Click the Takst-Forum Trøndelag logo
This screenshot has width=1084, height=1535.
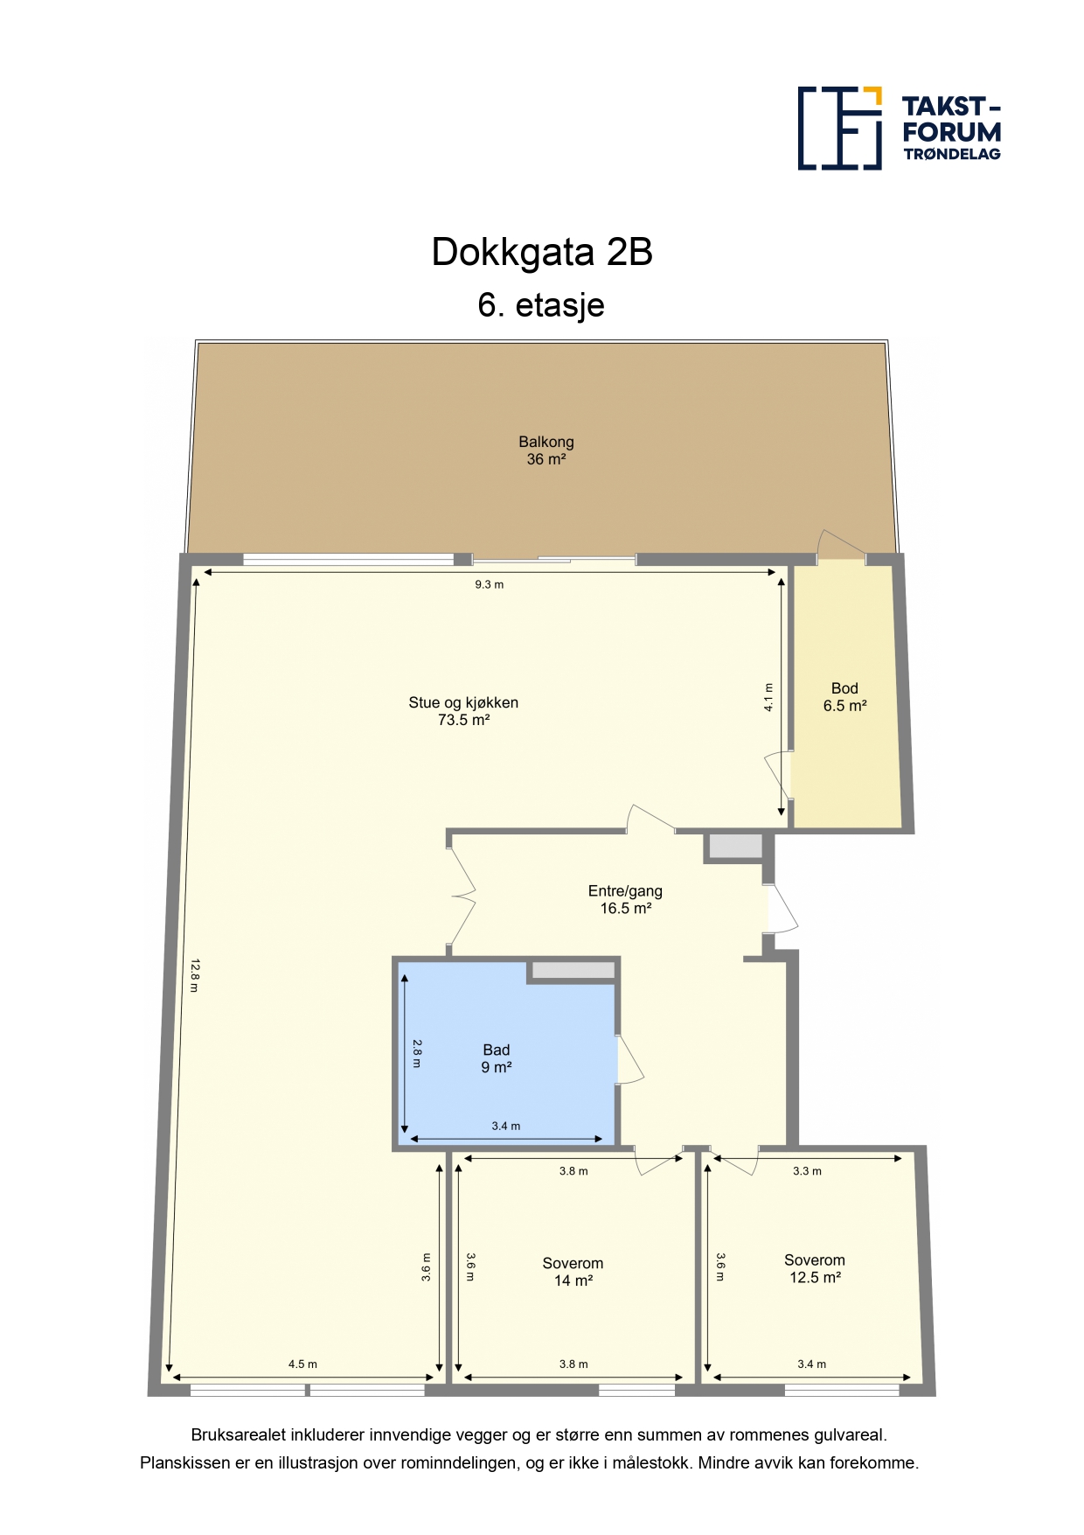[899, 128]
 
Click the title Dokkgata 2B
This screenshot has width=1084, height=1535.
[542, 252]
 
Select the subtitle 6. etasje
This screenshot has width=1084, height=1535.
[541, 305]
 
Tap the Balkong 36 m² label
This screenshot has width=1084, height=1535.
[546, 450]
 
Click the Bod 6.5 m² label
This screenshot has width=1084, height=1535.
[844, 697]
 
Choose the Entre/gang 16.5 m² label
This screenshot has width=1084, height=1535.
[625, 899]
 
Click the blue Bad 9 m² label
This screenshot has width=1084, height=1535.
[497, 1058]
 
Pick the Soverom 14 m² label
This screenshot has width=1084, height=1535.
[573, 1272]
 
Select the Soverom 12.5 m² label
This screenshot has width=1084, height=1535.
[815, 1268]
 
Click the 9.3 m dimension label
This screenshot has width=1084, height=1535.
[490, 584]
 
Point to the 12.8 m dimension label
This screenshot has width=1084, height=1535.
[195, 975]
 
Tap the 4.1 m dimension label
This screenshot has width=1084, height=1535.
[768, 697]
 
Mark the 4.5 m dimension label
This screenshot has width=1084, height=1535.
[302, 1364]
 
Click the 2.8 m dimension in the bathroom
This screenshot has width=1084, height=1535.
[417, 1053]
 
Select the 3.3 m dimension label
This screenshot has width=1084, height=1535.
[807, 1170]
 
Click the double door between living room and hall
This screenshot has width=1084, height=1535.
[462, 894]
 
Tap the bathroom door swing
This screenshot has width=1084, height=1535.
[630, 1060]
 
